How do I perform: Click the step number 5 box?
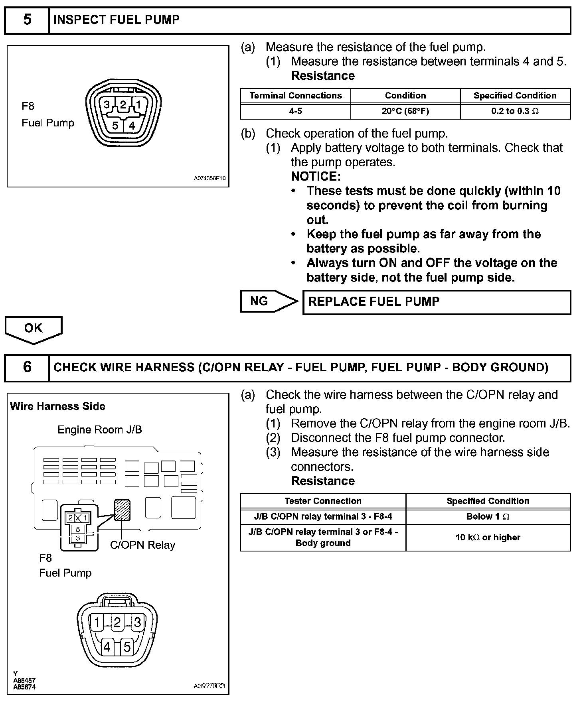(x=27, y=20)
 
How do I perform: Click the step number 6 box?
(x=27, y=367)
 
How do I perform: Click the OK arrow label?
(x=33, y=328)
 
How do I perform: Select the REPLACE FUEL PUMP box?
(x=437, y=302)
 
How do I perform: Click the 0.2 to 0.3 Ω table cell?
(x=515, y=111)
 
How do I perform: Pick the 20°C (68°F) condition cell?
(x=405, y=111)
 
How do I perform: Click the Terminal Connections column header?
(x=295, y=96)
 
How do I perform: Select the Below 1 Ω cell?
(x=488, y=517)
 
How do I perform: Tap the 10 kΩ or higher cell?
(x=488, y=538)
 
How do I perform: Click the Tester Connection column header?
(x=323, y=501)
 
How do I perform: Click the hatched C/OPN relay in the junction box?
(x=122, y=510)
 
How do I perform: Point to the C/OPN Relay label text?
(x=142, y=545)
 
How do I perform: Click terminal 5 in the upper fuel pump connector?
(x=115, y=126)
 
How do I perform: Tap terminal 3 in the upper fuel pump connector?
(x=107, y=105)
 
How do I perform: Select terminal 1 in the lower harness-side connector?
(x=97, y=622)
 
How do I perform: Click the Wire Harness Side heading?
(x=57, y=406)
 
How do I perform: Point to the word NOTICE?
(x=316, y=176)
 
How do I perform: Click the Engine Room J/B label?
(x=99, y=430)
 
